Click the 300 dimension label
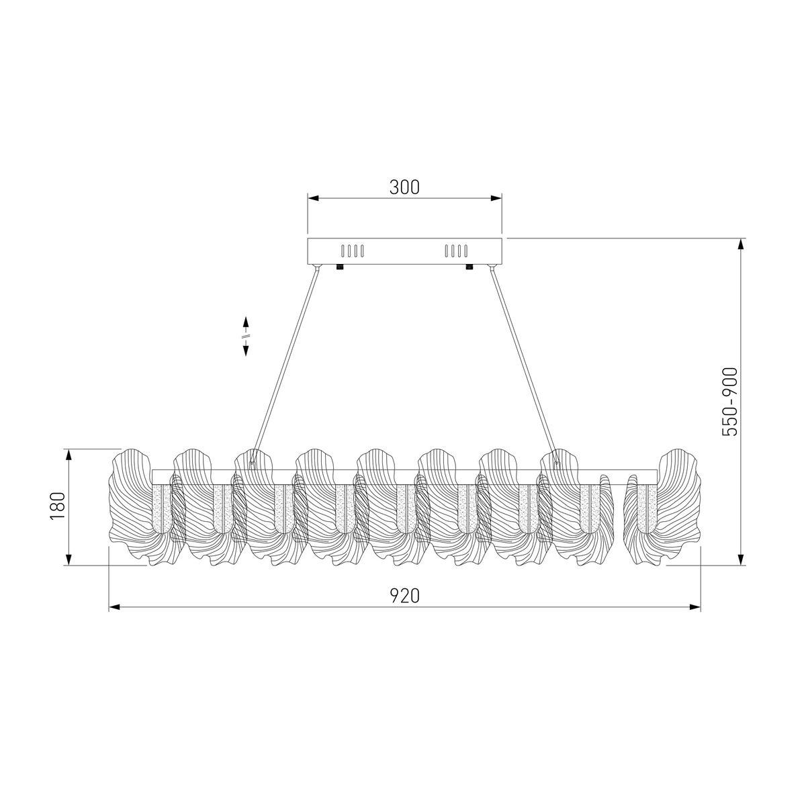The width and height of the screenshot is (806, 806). (404, 187)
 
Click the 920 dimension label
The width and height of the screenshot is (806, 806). (404, 596)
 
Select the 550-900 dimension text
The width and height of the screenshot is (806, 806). (730, 402)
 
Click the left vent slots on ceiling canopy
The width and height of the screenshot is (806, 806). (352, 251)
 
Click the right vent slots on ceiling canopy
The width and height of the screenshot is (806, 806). (456, 251)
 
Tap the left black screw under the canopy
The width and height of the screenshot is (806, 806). (340, 267)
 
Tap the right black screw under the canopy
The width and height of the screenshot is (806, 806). (469, 267)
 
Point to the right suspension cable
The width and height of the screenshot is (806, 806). (524, 365)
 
